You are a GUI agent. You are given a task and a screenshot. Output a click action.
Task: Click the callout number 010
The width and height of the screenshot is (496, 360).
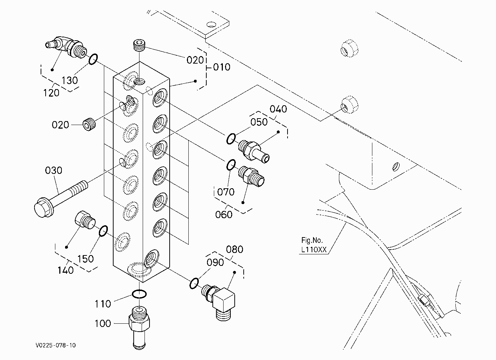click(222, 67)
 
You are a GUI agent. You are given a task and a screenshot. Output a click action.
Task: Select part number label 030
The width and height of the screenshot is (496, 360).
click(54, 171)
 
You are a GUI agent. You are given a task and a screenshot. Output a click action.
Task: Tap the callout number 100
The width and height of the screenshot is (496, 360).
click(103, 323)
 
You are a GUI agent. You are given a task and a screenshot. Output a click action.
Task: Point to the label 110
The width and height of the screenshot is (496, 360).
click(103, 304)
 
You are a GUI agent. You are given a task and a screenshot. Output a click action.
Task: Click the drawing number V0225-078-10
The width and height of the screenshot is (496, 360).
click(56, 345)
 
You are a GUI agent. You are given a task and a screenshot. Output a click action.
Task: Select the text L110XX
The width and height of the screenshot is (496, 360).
click(314, 250)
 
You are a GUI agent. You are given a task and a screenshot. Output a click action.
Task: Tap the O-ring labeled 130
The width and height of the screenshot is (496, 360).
click(93, 59)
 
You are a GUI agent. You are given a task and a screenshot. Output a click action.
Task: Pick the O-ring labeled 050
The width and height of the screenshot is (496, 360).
click(231, 139)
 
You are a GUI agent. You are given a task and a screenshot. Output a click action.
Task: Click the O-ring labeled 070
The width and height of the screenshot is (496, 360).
click(231, 165)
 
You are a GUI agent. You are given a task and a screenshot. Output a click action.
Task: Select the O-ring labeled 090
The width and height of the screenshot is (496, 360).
click(194, 283)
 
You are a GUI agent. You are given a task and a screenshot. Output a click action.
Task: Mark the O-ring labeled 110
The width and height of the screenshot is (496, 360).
click(139, 294)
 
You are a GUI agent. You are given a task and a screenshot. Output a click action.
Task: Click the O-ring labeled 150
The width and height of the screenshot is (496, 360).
click(103, 231)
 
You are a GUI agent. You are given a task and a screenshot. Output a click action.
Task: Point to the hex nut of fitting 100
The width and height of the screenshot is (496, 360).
click(139, 323)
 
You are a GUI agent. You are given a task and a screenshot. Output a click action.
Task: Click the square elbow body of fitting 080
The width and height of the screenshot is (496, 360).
click(224, 299)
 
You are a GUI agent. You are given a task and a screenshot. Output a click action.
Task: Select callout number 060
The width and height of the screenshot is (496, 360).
click(224, 214)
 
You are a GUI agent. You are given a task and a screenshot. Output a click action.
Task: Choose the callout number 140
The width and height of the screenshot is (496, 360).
click(65, 270)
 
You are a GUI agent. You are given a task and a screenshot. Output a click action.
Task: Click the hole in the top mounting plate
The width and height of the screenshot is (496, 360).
click(212, 24)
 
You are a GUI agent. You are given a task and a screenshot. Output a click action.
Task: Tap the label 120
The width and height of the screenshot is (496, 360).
click(51, 93)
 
